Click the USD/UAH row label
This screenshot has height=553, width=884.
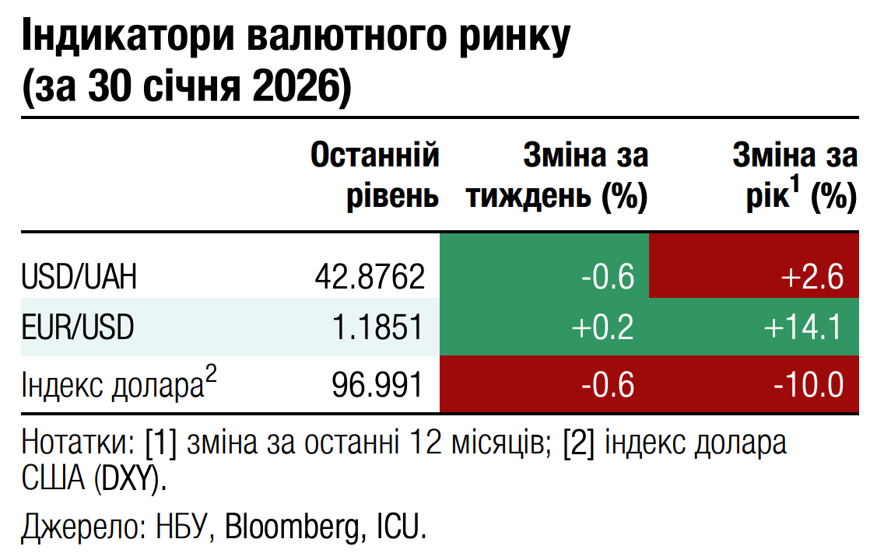tap(79, 277)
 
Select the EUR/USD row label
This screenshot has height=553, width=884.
tap(78, 327)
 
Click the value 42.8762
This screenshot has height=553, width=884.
tap(370, 277)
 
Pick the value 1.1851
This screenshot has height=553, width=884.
tap(377, 327)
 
